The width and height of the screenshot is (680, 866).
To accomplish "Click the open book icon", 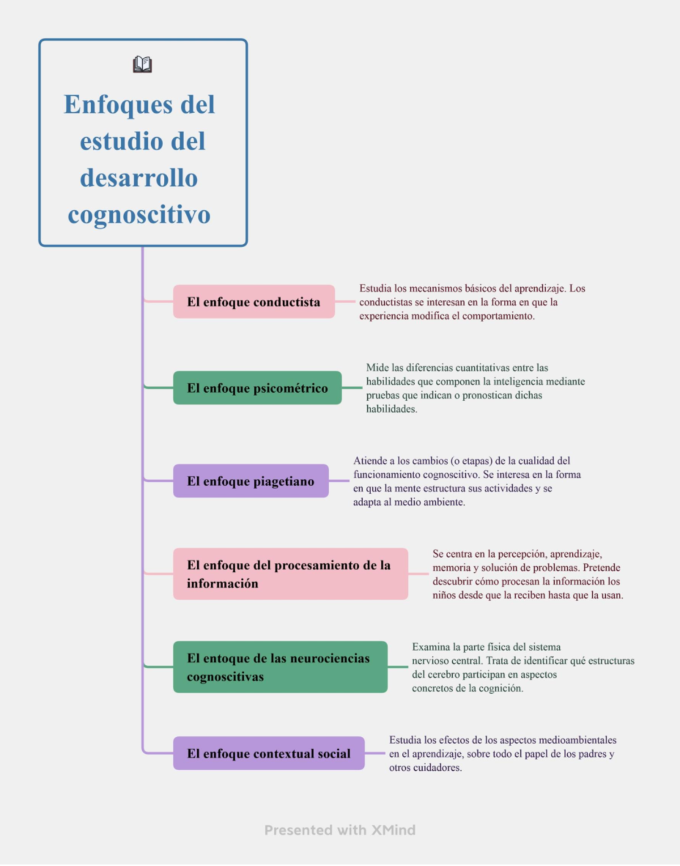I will (142, 65).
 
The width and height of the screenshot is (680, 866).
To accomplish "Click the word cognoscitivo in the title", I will (139, 215).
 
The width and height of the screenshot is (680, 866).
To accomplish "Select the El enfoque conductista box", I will (253, 302).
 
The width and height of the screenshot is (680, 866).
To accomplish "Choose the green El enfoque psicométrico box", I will (257, 388).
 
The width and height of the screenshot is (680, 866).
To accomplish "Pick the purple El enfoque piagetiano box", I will (250, 481).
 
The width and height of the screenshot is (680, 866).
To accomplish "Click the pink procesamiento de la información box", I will (290, 574).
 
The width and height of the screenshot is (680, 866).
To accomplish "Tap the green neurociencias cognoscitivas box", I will (280, 667).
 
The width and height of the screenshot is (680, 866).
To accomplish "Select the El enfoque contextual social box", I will (269, 754).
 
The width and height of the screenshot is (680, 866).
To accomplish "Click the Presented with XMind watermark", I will (340, 830).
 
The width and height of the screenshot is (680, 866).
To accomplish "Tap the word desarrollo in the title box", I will (139, 179).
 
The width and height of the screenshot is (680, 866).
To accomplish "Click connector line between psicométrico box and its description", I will (352, 388).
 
